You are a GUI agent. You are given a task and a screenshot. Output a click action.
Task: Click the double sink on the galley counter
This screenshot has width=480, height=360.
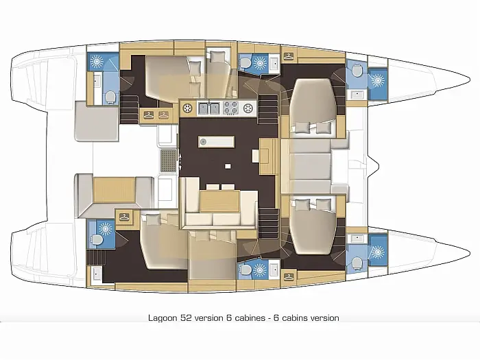[209, 108]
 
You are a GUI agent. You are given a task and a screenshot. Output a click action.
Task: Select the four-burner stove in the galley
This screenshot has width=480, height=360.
[231, 108]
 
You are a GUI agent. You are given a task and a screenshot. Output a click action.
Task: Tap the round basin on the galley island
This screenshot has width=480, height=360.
[203, 142]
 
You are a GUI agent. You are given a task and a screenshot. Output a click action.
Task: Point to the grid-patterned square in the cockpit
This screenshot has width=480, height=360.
[169, 161]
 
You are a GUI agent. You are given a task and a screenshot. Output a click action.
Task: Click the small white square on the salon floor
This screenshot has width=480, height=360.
[228, 166]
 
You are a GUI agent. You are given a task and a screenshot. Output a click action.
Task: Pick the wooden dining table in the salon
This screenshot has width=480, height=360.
[219, 201]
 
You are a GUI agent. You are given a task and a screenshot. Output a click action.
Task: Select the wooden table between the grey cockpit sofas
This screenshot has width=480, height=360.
[114, 190]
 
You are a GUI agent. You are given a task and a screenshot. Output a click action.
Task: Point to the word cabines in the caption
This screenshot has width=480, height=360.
[250, 317]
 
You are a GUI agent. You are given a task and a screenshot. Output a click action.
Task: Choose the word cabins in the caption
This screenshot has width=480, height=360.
[294, 318]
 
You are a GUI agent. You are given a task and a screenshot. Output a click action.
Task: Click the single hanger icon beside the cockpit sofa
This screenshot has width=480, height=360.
[123, 217]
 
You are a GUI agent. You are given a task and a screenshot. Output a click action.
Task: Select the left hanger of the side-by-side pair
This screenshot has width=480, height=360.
[149, 115]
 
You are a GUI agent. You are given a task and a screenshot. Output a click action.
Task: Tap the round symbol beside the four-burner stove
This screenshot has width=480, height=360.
[248, 108]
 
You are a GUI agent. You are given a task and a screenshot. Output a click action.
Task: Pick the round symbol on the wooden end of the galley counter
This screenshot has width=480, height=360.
[187, 108]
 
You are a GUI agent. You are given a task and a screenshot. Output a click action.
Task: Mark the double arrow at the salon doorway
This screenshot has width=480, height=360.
[180, 161]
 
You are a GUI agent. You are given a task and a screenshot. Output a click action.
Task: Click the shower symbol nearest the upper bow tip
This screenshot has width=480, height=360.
[377, 80]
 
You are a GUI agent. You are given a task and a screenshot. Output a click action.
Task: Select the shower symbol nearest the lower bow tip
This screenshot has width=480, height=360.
[377, 252]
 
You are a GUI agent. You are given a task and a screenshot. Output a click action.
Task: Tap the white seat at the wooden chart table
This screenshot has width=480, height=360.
[256, 156]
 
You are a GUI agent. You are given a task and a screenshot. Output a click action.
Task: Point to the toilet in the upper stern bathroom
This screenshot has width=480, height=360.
[110, 97]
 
